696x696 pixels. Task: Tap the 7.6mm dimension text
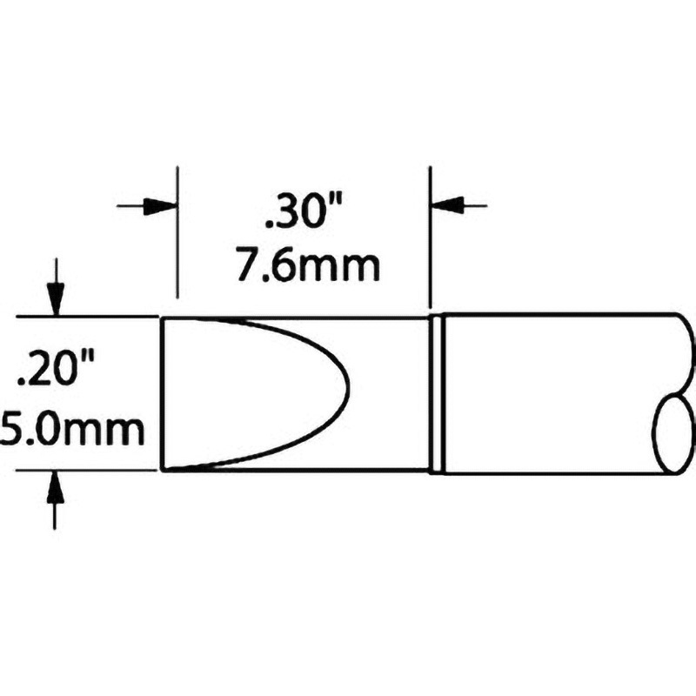[x=309, y=266]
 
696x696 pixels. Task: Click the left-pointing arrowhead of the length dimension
[x=448, y=206]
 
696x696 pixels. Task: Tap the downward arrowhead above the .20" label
[x=56, y=299]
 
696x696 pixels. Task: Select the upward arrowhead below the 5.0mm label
[x=56, y=488]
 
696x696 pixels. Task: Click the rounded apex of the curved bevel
[x=347, y=393]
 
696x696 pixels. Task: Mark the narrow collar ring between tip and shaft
[x=438, y=393]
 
